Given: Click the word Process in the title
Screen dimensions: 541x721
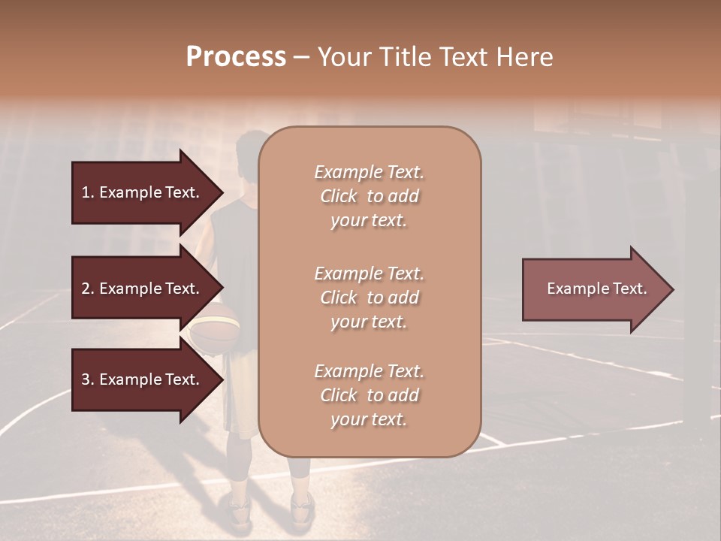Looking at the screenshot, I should tap(236, 57).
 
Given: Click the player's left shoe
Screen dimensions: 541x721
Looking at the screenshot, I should tap(239, 509).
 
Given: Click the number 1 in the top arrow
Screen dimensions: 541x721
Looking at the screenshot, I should tap(86, 192).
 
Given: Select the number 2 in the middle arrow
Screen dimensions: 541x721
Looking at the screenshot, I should tap(86, 289).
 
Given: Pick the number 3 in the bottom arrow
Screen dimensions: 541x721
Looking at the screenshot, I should tap(86, 379).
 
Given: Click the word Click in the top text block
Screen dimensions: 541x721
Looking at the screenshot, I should tap(339, 196).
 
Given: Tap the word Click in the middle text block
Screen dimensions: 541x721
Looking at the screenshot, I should tap(339, 298).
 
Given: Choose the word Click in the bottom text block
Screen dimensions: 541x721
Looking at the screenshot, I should tap(339, 395).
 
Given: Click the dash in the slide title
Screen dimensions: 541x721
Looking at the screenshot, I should tap(301, 57).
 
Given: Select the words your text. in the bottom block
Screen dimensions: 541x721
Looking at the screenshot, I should tap(369, 419).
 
